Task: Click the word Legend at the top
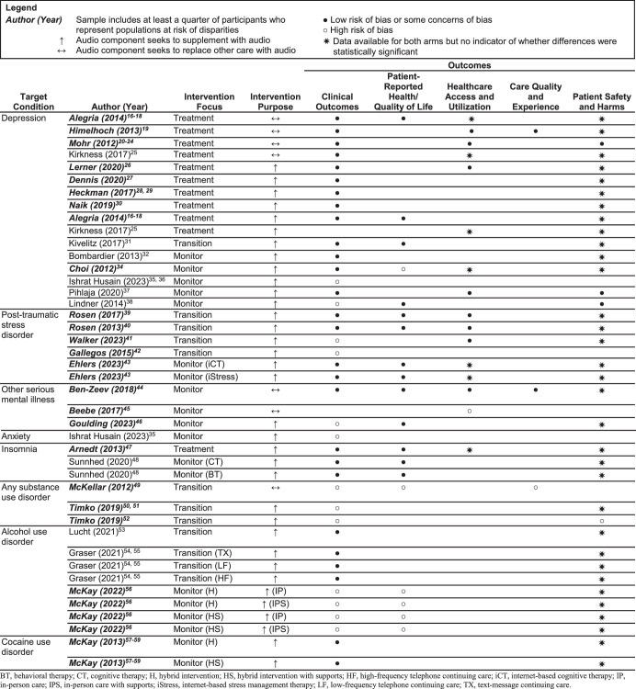[19, 7]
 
